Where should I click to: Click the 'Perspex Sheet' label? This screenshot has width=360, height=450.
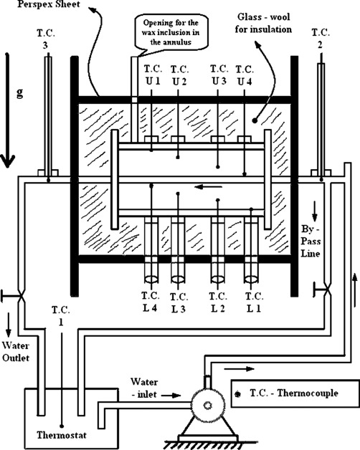(x=49, y=4)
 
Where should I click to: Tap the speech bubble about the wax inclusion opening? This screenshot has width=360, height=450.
(x=171, y=32)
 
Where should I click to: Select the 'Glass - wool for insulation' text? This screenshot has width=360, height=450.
(x=263, y=23)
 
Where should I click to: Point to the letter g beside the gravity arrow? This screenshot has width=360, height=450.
(x=19, y=93)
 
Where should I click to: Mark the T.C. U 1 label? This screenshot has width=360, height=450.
(x=153, y=75)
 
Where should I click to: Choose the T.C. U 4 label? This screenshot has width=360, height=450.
(x=245, y=75)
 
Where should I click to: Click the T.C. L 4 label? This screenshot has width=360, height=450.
(x=151, y=302)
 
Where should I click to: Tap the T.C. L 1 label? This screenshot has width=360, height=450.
(x=255, y=302)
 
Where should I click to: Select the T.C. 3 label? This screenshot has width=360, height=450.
(x=46, y=39)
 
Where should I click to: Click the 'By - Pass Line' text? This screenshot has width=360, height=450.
(x=311, y=241)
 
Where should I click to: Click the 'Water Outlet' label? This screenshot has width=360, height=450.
(x=16, y=352)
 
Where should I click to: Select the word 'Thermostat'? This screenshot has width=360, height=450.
(x=62, y=435)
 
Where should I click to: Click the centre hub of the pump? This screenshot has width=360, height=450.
(x=207, y=406)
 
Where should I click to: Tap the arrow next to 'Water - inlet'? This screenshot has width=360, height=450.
(x=171, y=396)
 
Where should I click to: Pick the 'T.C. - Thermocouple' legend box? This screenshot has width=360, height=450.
(x=295, y=393)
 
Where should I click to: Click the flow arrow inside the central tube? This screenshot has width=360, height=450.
(x=208, y=187)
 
